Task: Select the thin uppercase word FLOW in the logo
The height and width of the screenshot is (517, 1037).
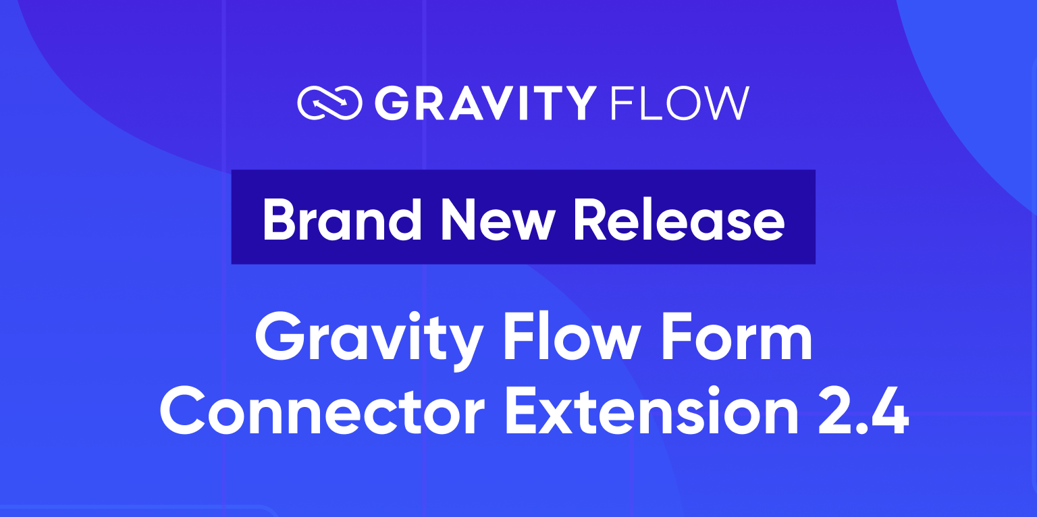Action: [x=679, y=103]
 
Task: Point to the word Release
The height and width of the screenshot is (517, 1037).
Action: [x=678, y=219]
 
